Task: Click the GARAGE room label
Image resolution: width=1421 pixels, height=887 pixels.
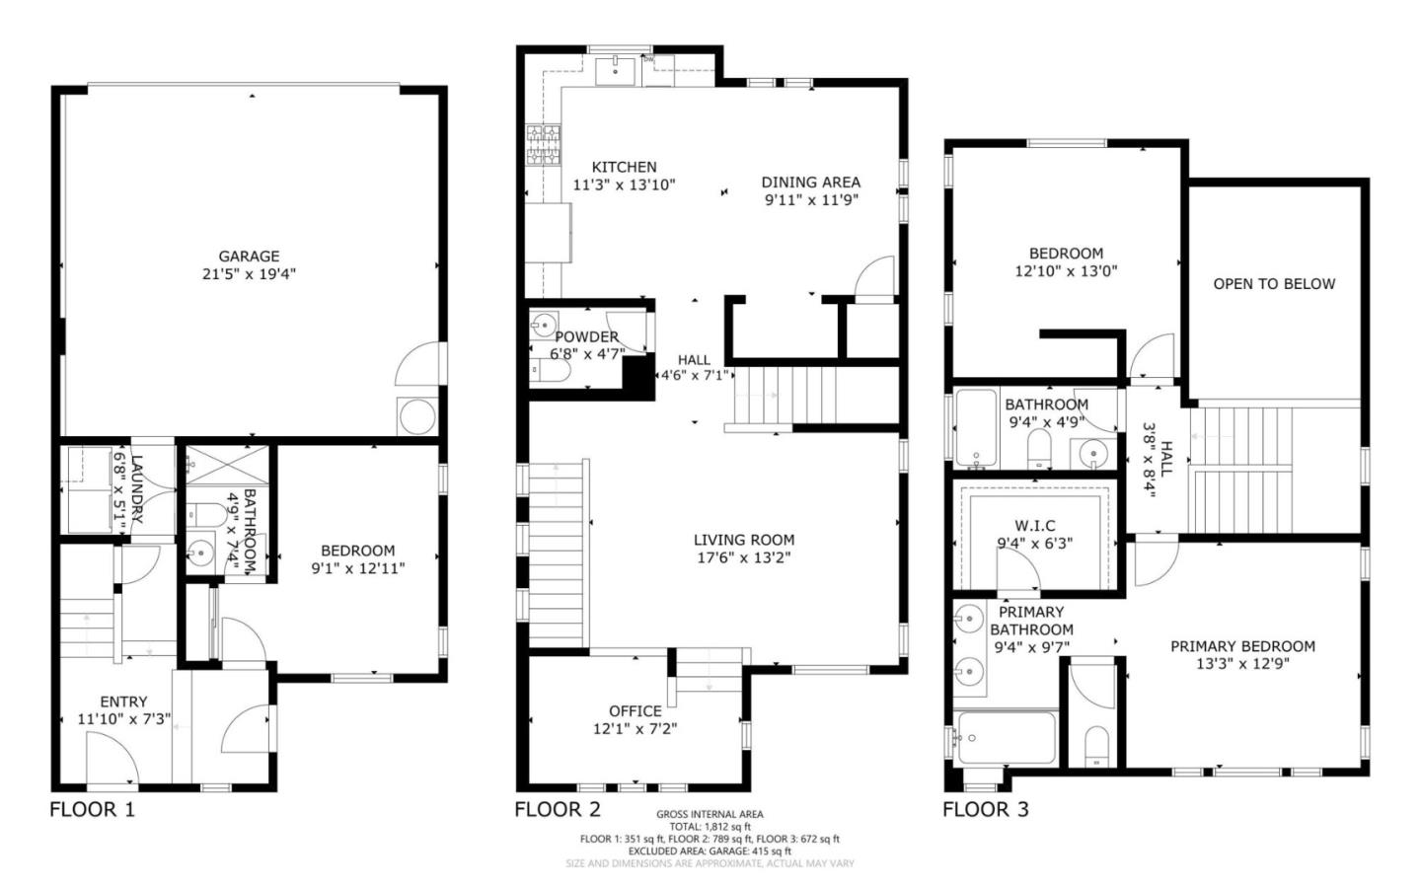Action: click(249, 257)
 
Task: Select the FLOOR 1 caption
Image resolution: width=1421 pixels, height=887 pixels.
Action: click(92, 810)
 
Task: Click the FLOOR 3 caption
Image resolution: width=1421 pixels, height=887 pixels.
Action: click(985, 810)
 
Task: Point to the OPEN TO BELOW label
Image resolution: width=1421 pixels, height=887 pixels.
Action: click(1274, 284)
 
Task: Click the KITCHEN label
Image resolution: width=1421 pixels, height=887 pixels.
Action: click(624, 168)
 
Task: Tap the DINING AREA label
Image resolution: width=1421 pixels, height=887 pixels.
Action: click(810, 183)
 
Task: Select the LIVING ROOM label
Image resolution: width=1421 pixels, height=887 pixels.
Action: click(743, 540)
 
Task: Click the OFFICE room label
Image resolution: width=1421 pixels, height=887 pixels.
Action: click(635, 711)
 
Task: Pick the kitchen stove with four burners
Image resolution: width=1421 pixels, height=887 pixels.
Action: click(542, 145)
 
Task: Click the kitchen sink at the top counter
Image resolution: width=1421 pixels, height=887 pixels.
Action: click(618, 67)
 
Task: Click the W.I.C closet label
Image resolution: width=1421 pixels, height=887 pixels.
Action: click(1034, 526)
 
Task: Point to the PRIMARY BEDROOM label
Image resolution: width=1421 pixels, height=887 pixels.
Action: click(1242, 646)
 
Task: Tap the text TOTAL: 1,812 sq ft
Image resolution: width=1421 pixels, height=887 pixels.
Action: click(710, 827)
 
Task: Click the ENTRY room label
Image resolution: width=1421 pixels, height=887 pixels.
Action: click(123, 702)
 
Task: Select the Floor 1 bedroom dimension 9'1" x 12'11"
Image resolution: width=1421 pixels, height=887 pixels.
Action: click(357, 568)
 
